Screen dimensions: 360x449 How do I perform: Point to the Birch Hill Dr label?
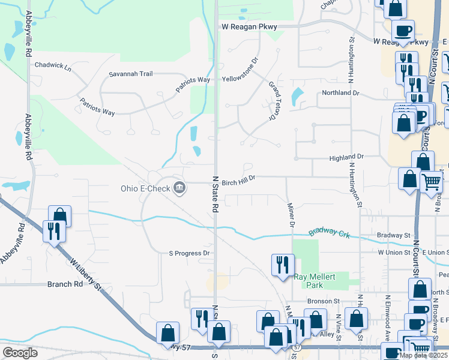(x=239, y=178)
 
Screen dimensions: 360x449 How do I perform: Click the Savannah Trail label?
(x=130, y=74)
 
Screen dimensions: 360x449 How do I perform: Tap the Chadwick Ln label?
(x=53, y=66)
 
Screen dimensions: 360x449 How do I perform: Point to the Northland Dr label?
(x=340, y=93)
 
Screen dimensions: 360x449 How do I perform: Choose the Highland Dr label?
(x=346, y=157)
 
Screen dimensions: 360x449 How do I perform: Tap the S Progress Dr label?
(x=188, y=253)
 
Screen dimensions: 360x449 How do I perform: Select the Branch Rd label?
(x=65, y=284)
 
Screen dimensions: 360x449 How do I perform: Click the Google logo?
(x=20, y=353)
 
